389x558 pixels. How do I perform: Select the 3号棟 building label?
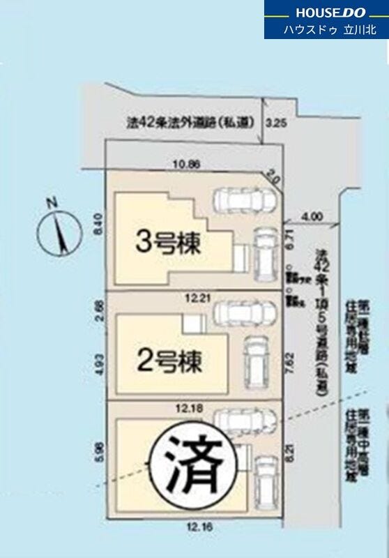tap(168, 243)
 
